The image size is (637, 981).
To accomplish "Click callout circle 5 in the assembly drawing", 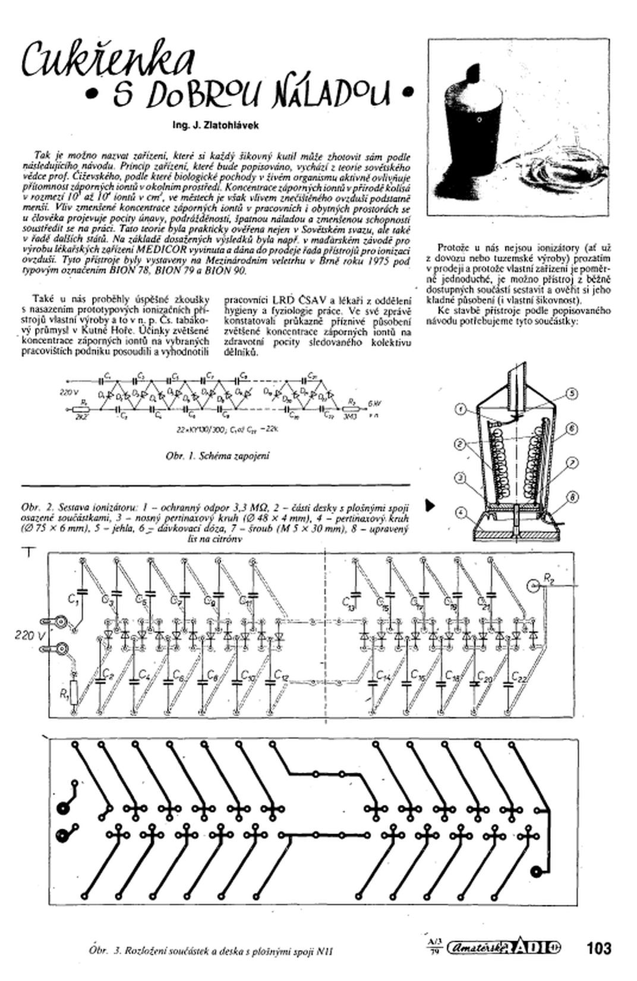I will pyautogui.click(x=572, y=393).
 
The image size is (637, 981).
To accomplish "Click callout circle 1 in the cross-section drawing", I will pyautogui.click(x=462, y=409).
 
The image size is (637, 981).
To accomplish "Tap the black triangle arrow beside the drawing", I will pyautogui.click(x=430, y=506).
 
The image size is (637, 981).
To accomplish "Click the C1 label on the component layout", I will pyautogui.click(x=73, y=601).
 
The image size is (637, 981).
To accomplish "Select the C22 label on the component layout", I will pyautogui.click(x=519, y=678).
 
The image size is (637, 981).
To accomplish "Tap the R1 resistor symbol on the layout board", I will pyautogui.click(x=74, y=692).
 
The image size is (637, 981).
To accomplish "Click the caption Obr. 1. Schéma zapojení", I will pyautogui.click(x=217, y=456).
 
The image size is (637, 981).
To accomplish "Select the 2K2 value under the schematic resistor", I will pyautogui.click(x=81, y=417).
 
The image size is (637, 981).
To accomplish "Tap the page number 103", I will pyautogui.click(x=598, y=947).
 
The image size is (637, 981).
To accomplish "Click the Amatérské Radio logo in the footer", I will pyautogui.click(x=503, y=947).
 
